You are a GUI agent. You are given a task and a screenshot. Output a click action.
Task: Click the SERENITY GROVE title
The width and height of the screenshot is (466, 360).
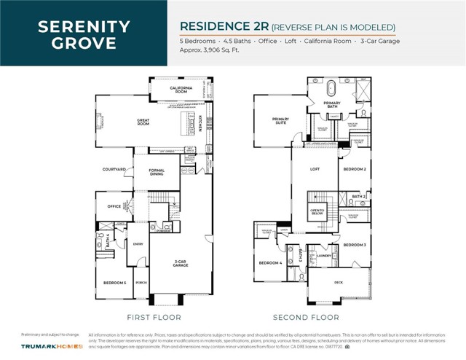84,34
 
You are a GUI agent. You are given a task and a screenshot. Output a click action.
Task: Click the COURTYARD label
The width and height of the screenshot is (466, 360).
114,169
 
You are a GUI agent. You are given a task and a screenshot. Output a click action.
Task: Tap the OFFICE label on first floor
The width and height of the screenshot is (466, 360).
114,206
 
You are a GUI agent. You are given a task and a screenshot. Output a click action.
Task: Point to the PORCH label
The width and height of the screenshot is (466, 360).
141,282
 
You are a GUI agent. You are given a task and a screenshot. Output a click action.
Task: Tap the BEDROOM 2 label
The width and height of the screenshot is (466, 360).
354,169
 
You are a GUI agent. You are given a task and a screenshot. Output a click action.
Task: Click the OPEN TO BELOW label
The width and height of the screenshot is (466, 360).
317,211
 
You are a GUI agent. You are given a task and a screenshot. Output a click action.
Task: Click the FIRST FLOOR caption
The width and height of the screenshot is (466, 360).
154,317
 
